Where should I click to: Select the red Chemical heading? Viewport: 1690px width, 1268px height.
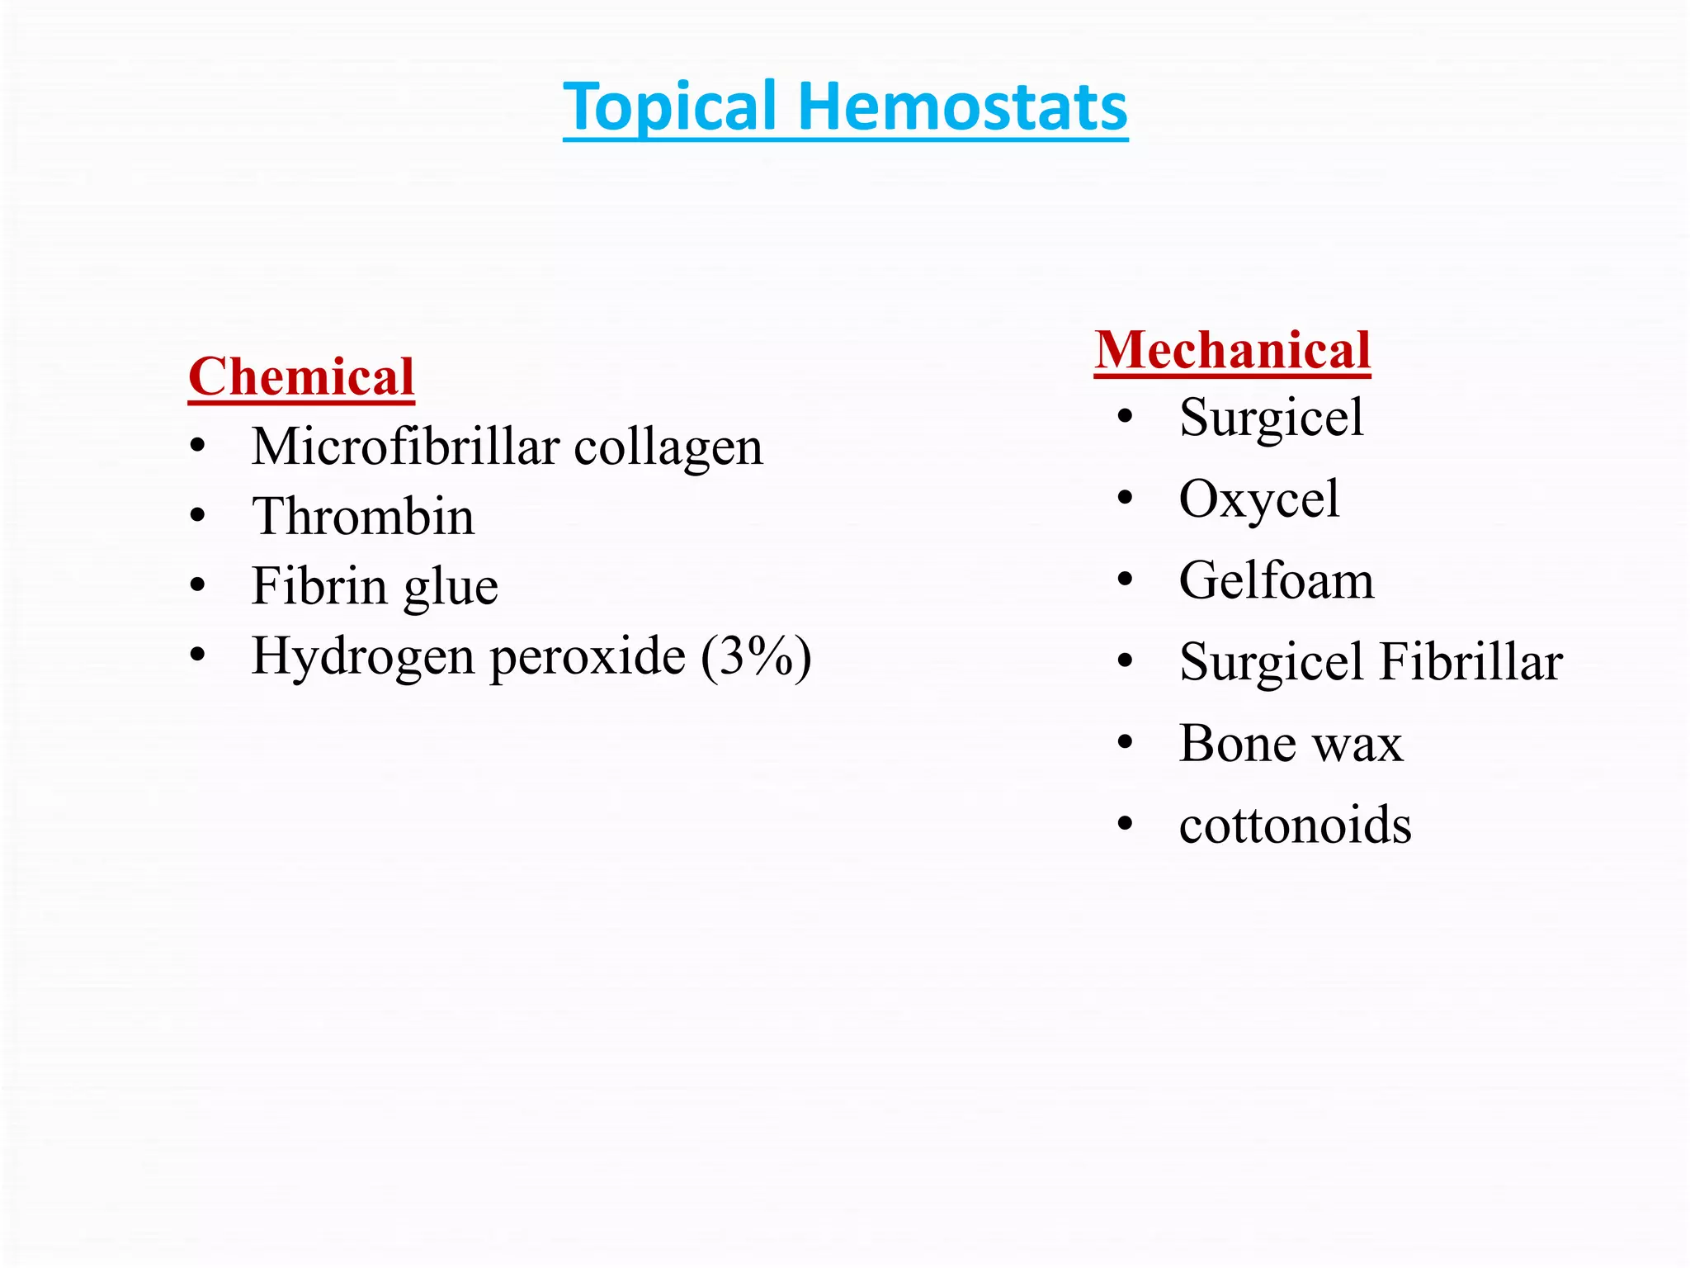[x=301, y=377]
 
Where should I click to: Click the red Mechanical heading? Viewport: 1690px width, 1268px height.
[x=1233, y=350]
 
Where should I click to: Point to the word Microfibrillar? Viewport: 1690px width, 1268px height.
[x=405, y=447]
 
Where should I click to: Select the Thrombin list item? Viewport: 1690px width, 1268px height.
[x=363, y=517]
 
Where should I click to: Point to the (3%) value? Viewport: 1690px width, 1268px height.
[x=756, y=657]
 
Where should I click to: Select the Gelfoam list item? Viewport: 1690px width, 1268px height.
[x=1277, y=580]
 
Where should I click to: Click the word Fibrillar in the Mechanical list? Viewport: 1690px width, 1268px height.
[x=1470, y=662]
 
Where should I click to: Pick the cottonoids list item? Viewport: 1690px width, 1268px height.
[x=1296, y=825]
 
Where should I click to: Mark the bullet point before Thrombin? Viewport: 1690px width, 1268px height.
[x=197, y=517]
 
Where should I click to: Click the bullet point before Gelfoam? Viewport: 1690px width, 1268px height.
[x=1126, y=580]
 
